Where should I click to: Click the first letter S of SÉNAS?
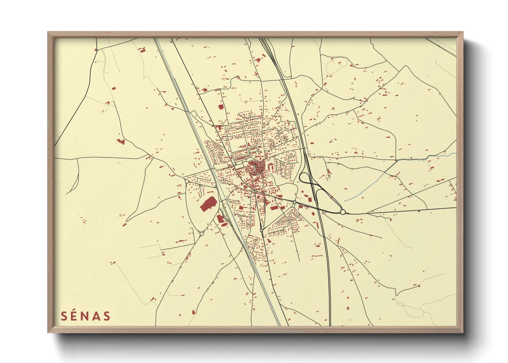pos(64,316)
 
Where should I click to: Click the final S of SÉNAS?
pos(107,316)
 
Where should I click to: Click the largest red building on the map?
pos(207,205)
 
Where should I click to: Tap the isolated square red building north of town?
pos(221,107)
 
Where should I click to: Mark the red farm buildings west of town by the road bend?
pos(120,141)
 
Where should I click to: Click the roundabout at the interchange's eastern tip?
pos(343,212)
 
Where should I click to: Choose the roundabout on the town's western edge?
pos(186,181)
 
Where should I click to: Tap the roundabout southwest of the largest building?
pos(201,234)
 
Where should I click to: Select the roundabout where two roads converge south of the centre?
pos(262,230)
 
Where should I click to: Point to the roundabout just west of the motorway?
pos(295,202)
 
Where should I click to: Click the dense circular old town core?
pos(256,168)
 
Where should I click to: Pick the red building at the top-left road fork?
pos(141,50)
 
